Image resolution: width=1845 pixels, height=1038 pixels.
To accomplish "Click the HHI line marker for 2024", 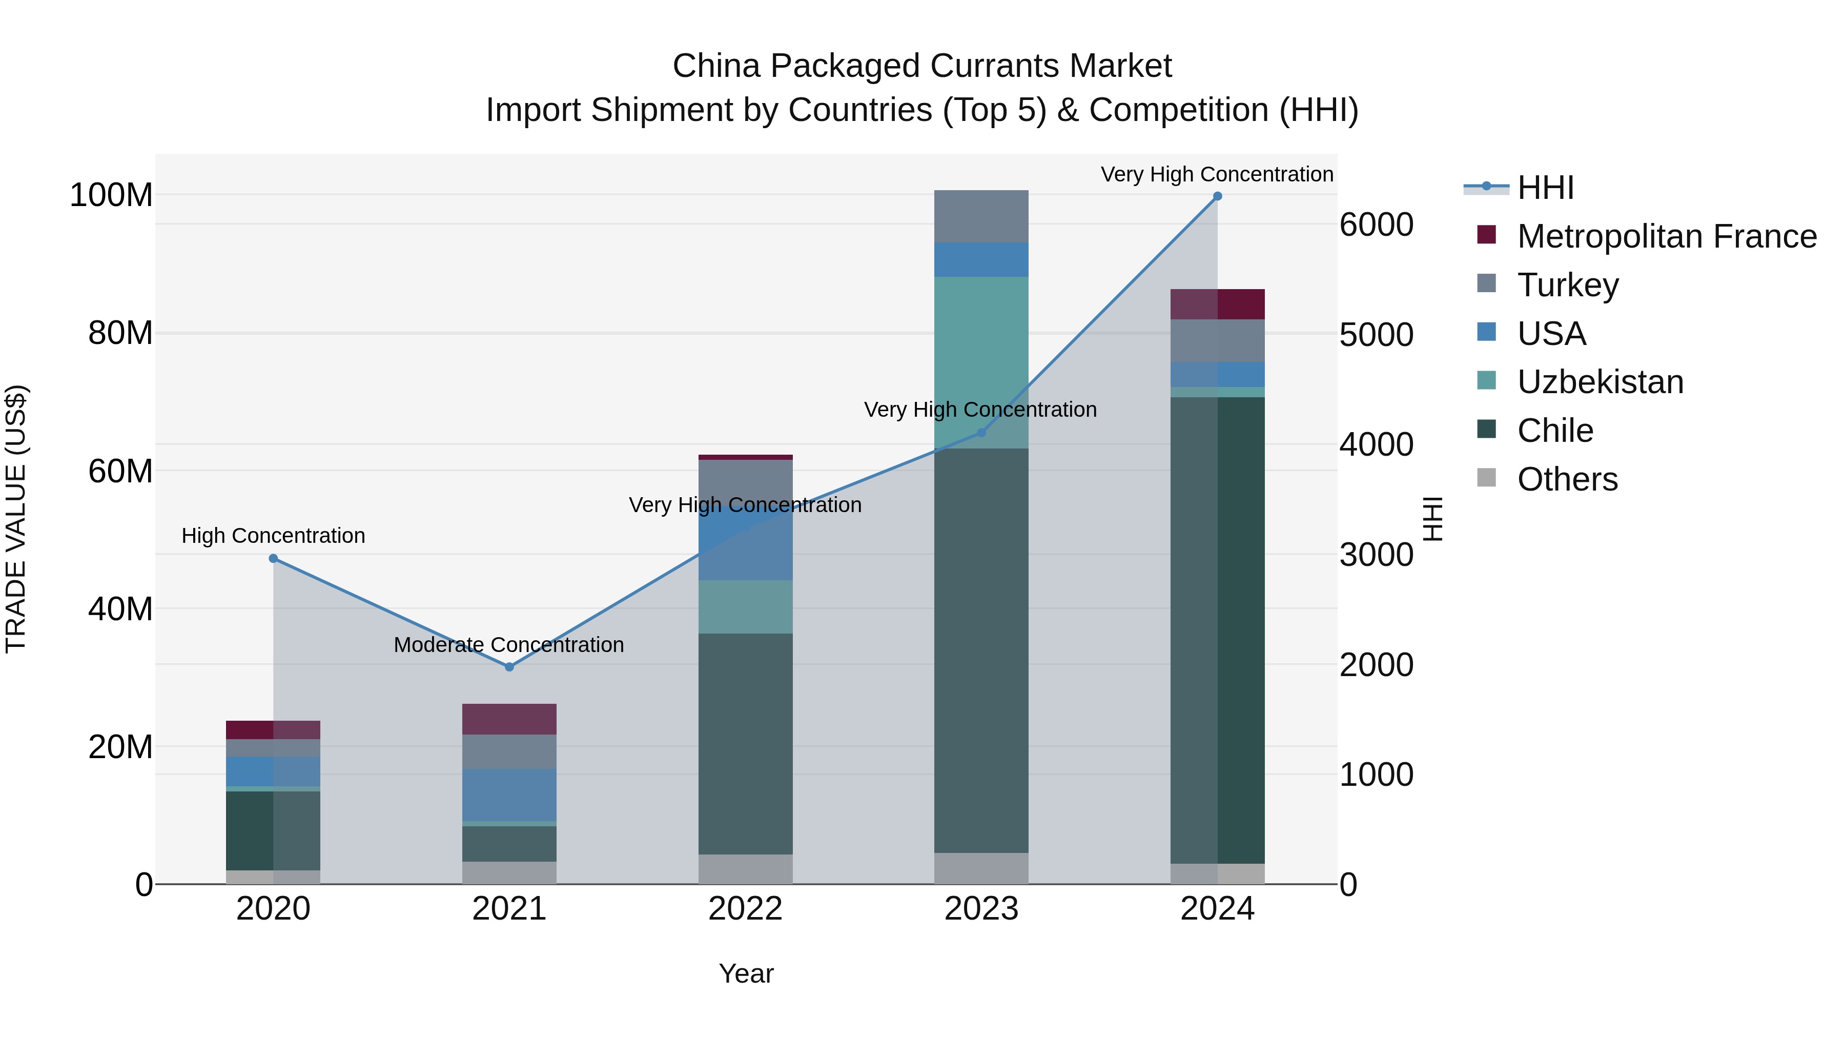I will point(1217,196).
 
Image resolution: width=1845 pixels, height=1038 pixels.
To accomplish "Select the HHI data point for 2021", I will point(509,667).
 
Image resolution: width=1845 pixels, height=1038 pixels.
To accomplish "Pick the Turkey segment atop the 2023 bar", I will point(981,216).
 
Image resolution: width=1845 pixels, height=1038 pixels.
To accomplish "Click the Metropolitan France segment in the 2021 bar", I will point(509,719).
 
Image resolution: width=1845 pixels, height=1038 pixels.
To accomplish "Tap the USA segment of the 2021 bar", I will point(509,795).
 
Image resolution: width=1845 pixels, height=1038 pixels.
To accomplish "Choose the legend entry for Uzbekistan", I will point(1600,382).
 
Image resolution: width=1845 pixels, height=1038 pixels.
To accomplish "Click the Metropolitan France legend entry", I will point(1667,236).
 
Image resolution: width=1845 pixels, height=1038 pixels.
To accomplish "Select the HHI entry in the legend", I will point(1545,188).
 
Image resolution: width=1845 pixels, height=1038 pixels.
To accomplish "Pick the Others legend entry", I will point(1567,479).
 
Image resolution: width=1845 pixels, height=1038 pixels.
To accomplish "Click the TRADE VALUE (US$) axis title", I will point(16,519).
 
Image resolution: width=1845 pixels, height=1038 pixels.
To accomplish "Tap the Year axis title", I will point(746,973).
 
